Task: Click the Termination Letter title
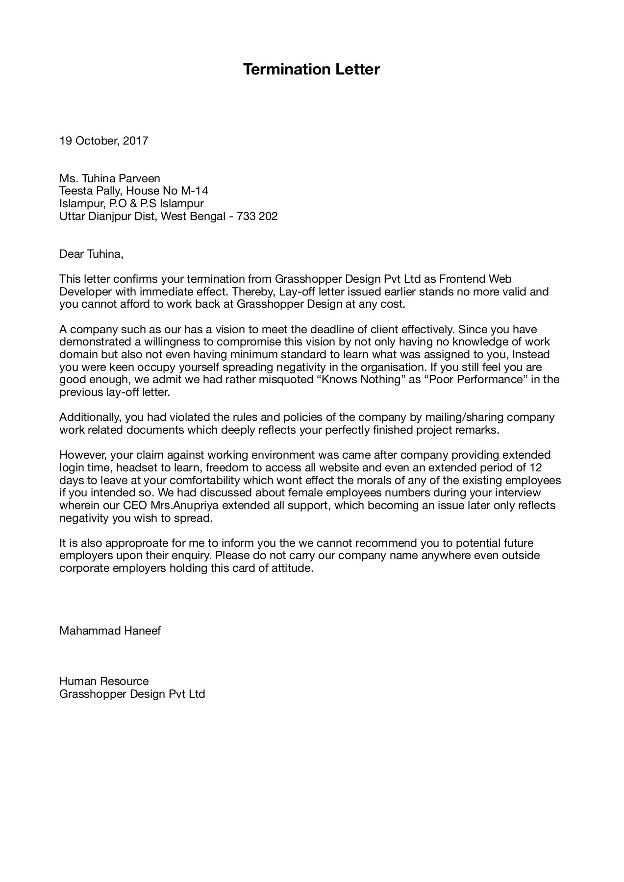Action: (x=311, y=70)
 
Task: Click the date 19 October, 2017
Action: (x=103, y=141)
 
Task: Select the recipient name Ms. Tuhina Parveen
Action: (x=110, y=178)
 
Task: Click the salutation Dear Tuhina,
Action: (x=91, y=254)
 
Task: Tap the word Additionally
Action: (x=90, y=417)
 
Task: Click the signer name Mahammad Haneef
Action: (x=110, y=631)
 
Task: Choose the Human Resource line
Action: (x=104, y=681)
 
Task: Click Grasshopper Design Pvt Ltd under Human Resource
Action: (x=132, y=694)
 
